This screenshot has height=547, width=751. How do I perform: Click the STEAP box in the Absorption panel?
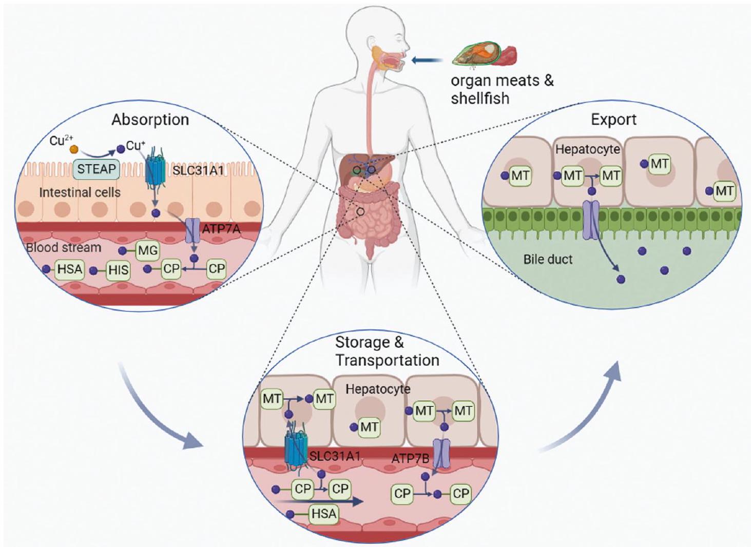point(97,169)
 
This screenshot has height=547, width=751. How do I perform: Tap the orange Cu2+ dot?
point(73,149)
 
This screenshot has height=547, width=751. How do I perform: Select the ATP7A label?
point(221,229)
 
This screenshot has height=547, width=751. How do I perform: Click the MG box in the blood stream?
point(148,251)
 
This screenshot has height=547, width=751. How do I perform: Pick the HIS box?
point(118,270)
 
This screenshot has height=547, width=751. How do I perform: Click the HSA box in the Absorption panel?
point(70,269)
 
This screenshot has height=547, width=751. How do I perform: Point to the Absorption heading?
point(150,120)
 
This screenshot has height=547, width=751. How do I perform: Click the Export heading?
point(613,120)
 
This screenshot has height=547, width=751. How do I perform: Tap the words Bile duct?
point(548,259)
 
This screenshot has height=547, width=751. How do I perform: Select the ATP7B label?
point(410,458)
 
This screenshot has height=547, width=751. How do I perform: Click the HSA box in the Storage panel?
point(324,514)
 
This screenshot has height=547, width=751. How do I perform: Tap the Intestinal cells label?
point(80,192)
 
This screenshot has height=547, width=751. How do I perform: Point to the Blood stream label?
point(64,247)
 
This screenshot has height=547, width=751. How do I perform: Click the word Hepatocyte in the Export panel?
point(588,149)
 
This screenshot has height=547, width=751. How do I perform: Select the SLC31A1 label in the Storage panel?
point(335,456)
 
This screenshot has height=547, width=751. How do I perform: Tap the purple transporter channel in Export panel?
point(591,220)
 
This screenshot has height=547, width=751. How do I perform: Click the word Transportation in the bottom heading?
point(387,360)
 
